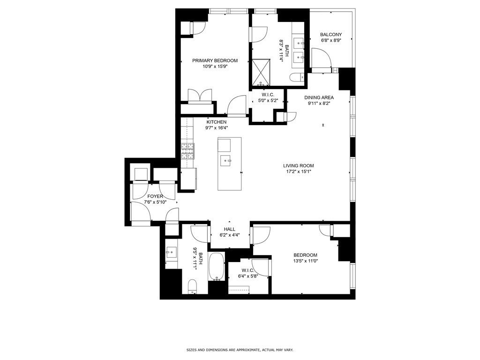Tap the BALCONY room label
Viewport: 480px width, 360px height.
331,35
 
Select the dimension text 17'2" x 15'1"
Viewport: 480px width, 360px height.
298,172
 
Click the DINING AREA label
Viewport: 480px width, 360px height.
319,97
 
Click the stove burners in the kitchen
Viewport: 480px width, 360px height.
188,150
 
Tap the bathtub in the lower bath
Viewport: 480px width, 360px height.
216,267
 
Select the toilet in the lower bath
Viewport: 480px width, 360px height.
192,285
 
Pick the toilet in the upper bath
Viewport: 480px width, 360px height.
296,77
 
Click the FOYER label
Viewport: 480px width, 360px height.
155,196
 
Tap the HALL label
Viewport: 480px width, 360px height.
229,229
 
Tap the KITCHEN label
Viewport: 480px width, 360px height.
216,122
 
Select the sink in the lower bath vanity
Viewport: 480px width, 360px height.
171,252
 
